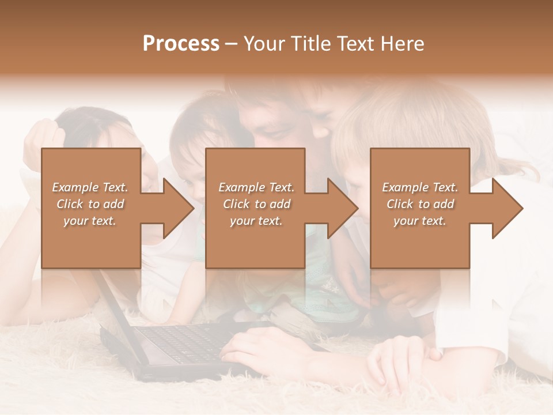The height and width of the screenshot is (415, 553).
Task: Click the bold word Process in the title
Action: (x=181, y=43)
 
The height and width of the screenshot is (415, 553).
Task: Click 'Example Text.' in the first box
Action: (x=90, y=187)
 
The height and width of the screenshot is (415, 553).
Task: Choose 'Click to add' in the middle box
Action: (x=256, y=204)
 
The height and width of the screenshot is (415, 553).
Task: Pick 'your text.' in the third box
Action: (x=419, y=221)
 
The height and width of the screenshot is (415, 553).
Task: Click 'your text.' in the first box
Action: (x=90, y=221)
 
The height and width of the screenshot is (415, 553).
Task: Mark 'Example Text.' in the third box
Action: (x=419, y=187)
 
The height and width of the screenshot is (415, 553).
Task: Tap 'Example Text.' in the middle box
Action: (x=256, y=187)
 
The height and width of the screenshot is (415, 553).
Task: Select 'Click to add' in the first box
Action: (x=90, y=204)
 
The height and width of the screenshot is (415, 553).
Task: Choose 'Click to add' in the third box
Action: (x=419, y=204)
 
